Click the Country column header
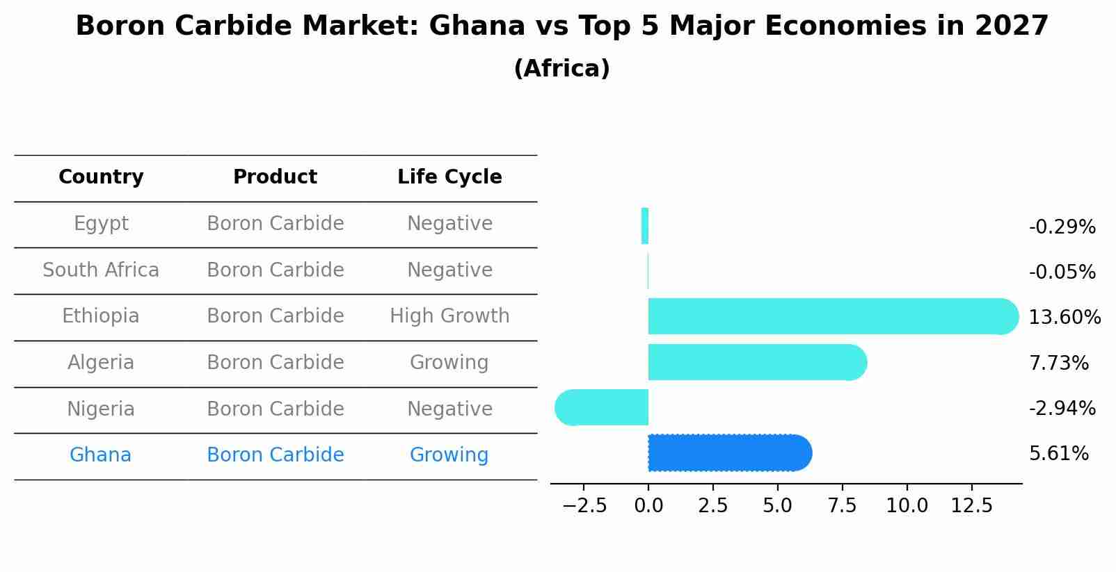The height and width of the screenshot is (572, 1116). coord(101,177)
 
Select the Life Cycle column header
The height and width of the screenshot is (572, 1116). coord(449,177)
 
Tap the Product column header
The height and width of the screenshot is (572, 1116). coord(275,177)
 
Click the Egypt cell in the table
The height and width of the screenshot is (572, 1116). coord(101,224)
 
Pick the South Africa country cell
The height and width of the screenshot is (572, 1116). coord(101,270)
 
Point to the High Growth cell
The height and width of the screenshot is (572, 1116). coord(449,316)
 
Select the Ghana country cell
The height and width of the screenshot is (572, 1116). coord(100,455)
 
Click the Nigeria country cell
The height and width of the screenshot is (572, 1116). coord(101,409)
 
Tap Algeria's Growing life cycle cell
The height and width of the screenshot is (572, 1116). coord(449,363)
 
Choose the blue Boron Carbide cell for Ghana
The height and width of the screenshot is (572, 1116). coord(275,455)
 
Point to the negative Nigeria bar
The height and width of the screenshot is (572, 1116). coord(602,407)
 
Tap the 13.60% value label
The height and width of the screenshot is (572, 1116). coord(1065,318)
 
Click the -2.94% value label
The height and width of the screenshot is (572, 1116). coord(1062,408)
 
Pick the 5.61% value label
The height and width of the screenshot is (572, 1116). coord(1058,454)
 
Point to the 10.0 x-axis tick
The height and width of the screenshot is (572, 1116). coord(907,505)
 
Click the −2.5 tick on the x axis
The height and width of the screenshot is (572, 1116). coord(584,505)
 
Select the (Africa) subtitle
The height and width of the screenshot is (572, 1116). coord(561,69)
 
